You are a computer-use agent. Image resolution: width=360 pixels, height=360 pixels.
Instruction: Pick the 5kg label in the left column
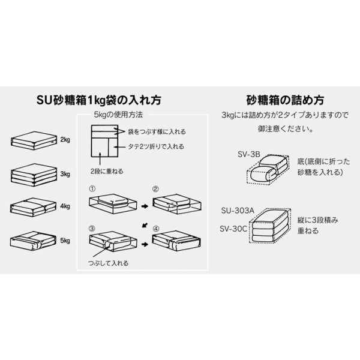(66, 240)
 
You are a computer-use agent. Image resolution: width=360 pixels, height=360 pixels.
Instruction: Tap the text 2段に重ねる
(109, 171)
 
